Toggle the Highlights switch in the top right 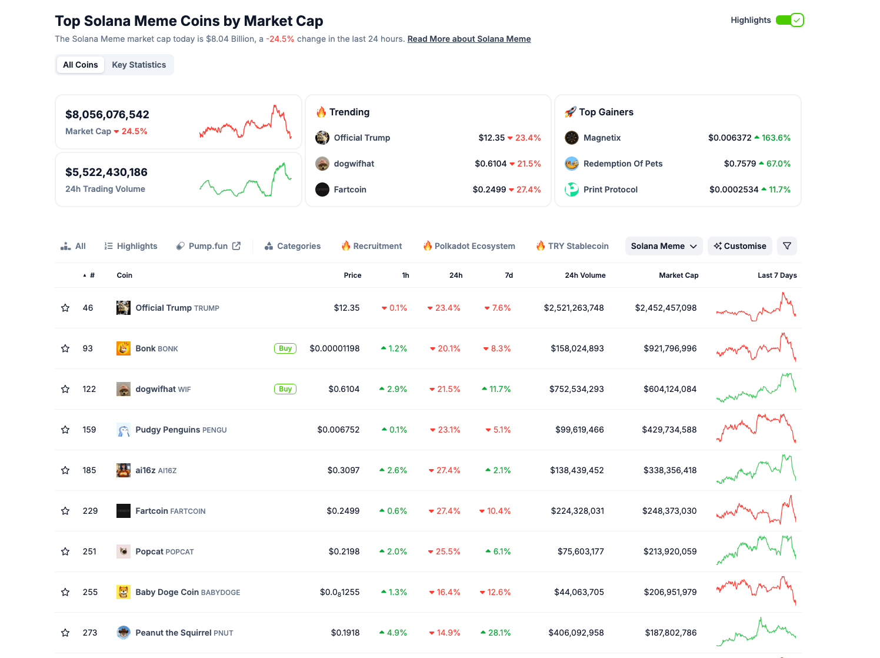click(789, 20)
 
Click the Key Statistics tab click(139, 65)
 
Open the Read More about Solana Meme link click(469, 39)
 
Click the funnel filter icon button click(787, 246)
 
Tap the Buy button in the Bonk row click(285, 348)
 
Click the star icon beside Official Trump click(65, 308)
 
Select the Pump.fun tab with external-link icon click(208, 246)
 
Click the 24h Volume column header click(585, 275)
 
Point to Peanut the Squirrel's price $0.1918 click(345, 633)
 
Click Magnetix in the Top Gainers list click(602, 138)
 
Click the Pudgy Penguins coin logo click(124, 430)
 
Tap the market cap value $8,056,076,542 click(107, 115)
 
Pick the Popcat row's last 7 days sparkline click(756, 551)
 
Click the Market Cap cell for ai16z click(669, 470)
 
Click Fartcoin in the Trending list click(350, 190)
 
